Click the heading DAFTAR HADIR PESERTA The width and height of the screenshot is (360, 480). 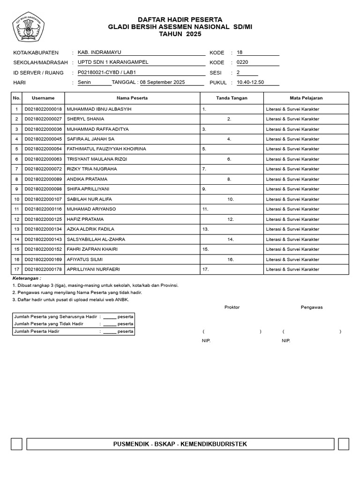(180, 19)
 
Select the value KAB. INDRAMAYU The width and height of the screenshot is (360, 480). (99, 52)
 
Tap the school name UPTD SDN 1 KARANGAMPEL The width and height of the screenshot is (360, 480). (112, 62)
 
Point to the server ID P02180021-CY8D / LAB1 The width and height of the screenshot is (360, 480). (106, 73)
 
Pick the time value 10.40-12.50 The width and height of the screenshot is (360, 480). (250, 82)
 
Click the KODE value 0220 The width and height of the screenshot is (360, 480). (242, 62)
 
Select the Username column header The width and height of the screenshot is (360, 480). (43, 98)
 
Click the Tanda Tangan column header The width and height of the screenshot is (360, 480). (232, 98)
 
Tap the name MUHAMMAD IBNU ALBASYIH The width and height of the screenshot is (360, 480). (99, 109)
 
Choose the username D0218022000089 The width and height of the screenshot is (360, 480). (43, 179)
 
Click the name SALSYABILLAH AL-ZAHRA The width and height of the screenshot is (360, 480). (96, 239)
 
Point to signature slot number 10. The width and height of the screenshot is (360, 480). (231, 199)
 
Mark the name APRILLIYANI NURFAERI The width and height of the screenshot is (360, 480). (96, 269)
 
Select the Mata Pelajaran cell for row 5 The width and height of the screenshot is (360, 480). (292, 149)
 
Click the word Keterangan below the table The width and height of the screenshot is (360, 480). (27, 278)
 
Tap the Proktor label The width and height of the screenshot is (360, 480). (232, 307)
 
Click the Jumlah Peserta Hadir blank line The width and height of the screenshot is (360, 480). (110, 331)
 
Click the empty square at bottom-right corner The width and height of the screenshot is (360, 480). (344, 444)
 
